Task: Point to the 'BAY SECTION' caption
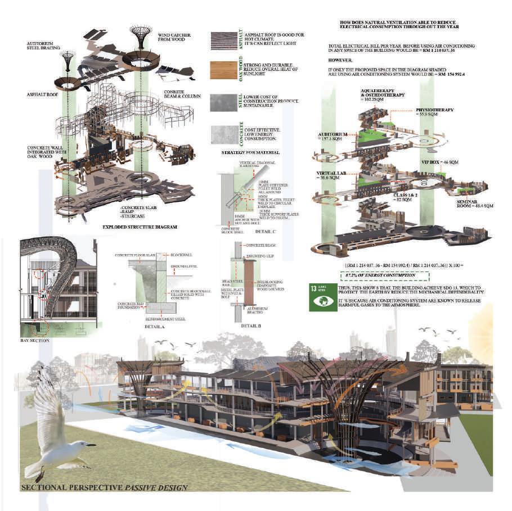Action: tap(34, 341)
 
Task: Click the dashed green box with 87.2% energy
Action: tap(384, 275)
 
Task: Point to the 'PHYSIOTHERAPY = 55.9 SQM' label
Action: tap(434, 112)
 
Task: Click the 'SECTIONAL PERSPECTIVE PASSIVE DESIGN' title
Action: tap(104, 487)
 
